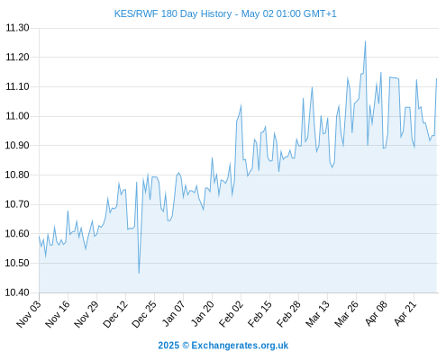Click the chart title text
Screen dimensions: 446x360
point(225,13)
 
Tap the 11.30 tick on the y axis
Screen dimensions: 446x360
point(17,28)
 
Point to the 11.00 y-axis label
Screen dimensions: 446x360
point(17,116)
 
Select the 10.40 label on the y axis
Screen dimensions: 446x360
point(17,292)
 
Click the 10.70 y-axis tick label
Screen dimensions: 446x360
point(17,204)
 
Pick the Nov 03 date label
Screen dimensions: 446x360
point(29,314)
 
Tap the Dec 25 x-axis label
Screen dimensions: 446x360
point(144,314)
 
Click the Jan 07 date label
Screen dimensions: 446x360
point(174,314)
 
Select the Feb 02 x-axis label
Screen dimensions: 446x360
point(231,314)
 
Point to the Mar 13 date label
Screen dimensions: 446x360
point(318,314)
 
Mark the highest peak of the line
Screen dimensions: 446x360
point(365,41)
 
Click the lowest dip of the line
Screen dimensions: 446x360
point(139,273)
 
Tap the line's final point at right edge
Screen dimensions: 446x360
point(436,78)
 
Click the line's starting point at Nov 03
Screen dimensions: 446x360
point(39,237)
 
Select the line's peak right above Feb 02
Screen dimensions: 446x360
point(241,105)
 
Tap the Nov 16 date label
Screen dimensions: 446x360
point(58,314)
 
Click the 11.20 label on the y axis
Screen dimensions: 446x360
point(17,57)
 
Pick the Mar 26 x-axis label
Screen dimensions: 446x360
point(347,314)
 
